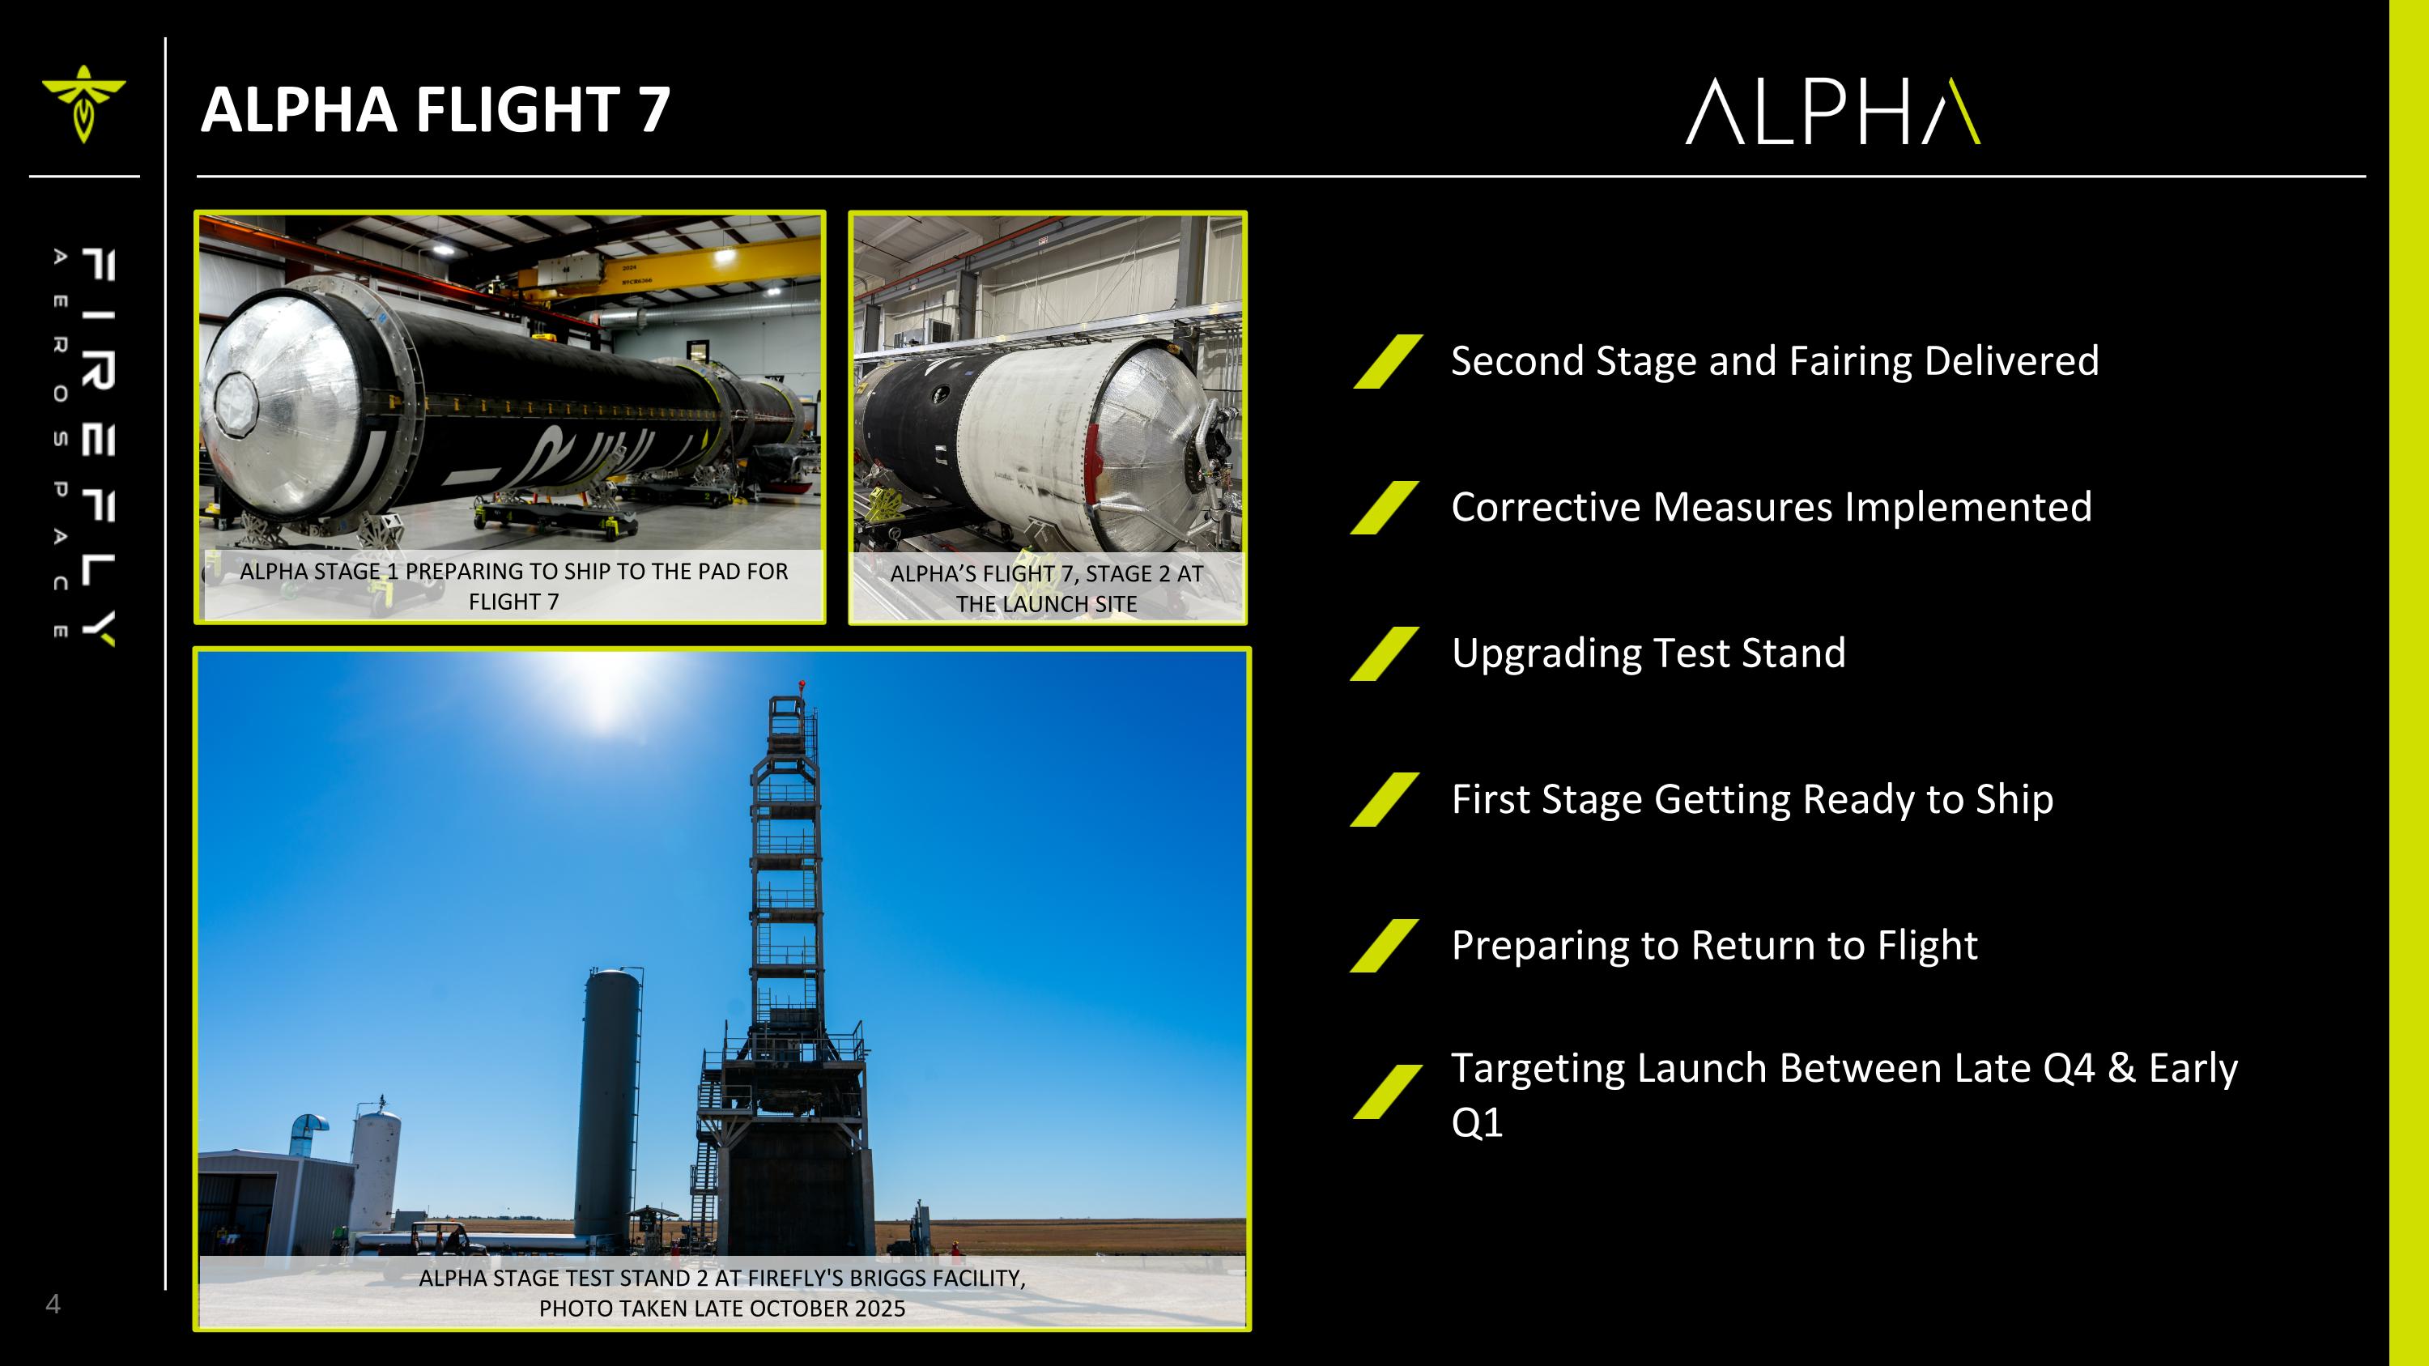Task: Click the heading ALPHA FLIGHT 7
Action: coord(435,109)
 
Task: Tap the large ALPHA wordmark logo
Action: coord(1832,113)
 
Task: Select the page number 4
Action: coord(53,1304)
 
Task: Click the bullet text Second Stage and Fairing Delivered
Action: coord(1774,361)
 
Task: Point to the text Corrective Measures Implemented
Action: coord(1771,507)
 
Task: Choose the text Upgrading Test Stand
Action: coord(1648,653)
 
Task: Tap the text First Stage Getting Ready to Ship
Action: coord(1751,799)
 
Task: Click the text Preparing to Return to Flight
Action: coord(1713,946)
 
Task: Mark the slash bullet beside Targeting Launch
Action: coord(1386,1092)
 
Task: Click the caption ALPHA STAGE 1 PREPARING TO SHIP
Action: coord(513,586)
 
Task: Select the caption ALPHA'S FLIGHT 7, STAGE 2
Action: coord(1046,588)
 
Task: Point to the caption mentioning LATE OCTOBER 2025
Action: coord(721,1292)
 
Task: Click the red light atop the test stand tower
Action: coord(802,683)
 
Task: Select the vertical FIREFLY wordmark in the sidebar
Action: coord(97,448)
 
